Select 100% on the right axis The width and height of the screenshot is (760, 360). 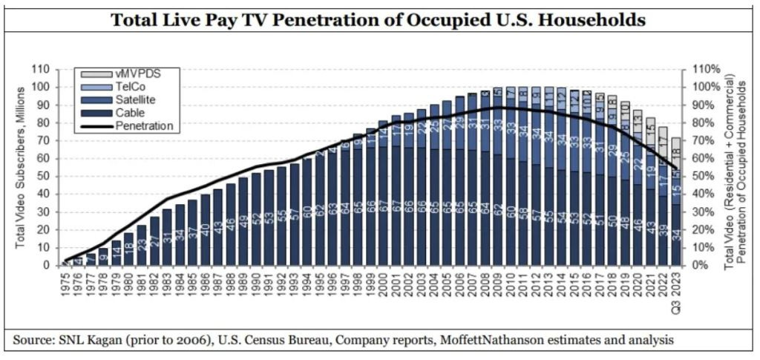click(x=704, y=87)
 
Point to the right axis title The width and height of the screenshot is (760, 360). click(x=735, y=166)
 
